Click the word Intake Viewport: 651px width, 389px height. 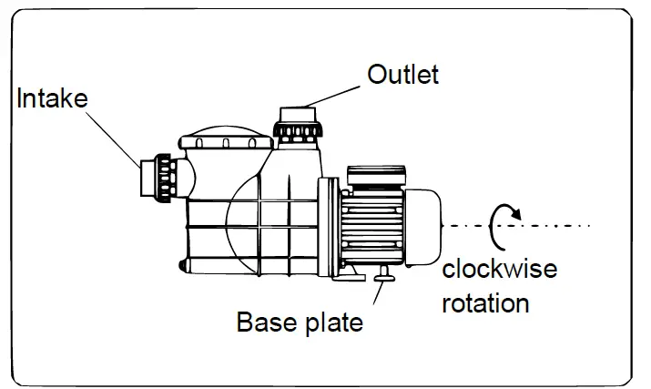pyautogui.click(x=52, y=98)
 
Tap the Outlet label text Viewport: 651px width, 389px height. pyautogui.click(x=402, y=74)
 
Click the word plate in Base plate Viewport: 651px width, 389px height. pyautogui.click(x=332, y=322)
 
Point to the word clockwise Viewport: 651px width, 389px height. pyautogui.click(x=498, y=269)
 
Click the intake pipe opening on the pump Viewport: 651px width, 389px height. pyautogui.click(x=146, y=179)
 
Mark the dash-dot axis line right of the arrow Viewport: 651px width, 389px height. pyautogui.click(x=560, y=225)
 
